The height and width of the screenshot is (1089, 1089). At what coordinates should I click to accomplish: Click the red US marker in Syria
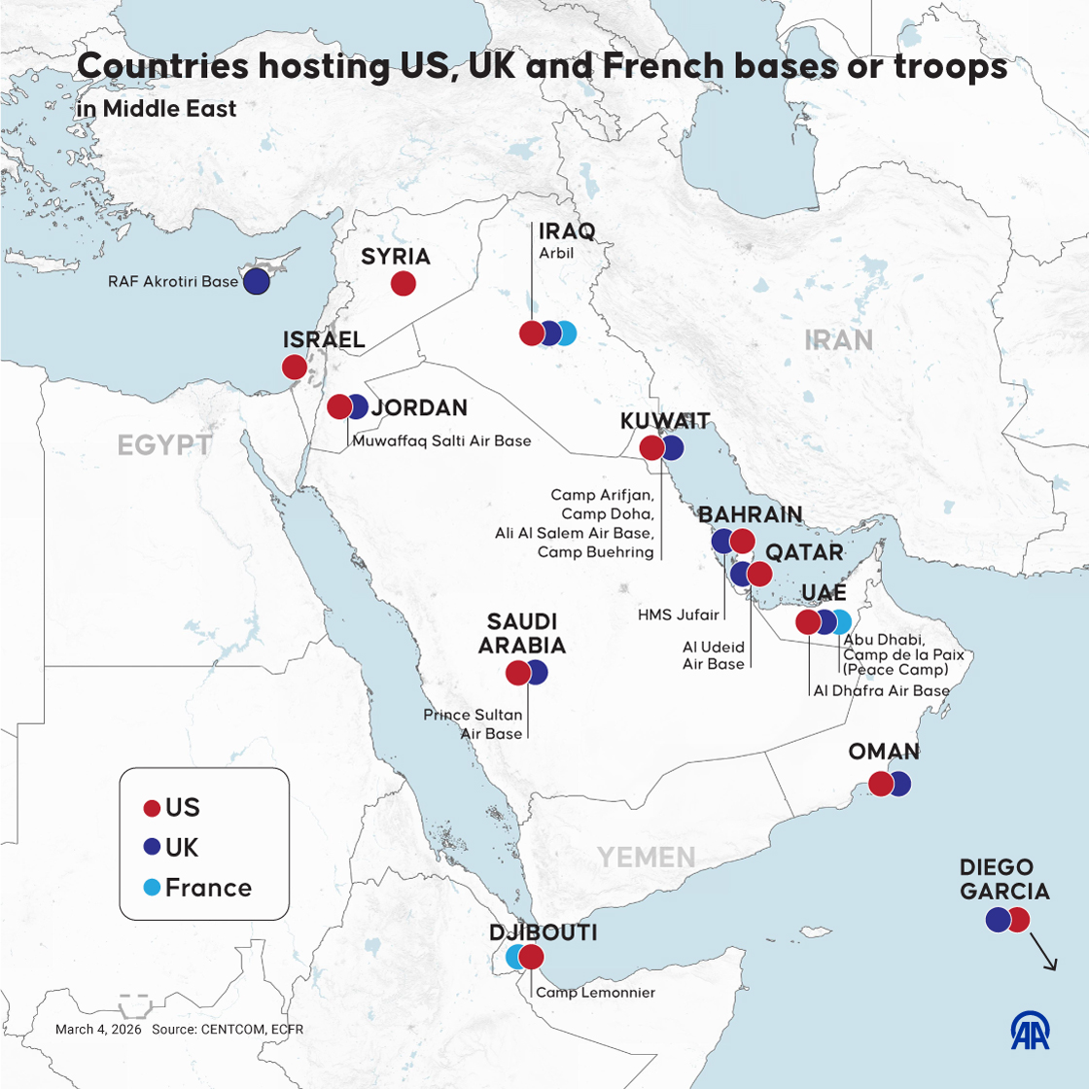point(404,284)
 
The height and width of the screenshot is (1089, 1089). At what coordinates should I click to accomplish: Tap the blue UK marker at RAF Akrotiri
point(256,282)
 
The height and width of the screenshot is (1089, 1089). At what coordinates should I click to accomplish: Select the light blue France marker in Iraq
point(566,334)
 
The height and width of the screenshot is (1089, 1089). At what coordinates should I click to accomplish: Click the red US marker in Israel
point(294,367)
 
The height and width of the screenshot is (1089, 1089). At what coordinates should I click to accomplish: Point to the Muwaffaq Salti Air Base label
point(441,440)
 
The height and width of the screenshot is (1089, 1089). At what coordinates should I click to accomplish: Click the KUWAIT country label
point(665,421)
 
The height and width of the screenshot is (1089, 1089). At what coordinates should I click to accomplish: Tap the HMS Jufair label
point(679,615)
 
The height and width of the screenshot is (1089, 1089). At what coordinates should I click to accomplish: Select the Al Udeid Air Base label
point(714,655)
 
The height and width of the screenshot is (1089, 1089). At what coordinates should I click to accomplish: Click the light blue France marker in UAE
point(841,622)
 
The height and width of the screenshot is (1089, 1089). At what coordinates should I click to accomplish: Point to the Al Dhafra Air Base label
point(881,690)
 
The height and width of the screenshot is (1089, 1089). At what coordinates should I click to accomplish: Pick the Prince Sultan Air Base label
point(474,724)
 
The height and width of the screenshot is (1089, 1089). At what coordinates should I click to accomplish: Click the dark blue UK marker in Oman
point(900,784)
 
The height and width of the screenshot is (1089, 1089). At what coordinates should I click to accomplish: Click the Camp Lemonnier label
point(595,993)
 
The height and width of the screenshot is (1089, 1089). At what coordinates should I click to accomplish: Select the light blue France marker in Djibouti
point(515,957)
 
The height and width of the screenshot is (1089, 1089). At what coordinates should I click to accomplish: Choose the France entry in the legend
point(208,888)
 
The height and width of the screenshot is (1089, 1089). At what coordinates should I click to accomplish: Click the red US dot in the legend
point(152,808)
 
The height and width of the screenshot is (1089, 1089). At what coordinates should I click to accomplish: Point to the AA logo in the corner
point(1030,1031)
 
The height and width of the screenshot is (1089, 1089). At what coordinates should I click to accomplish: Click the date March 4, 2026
point(98,1029)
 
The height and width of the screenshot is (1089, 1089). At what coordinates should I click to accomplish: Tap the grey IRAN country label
point(838,339)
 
